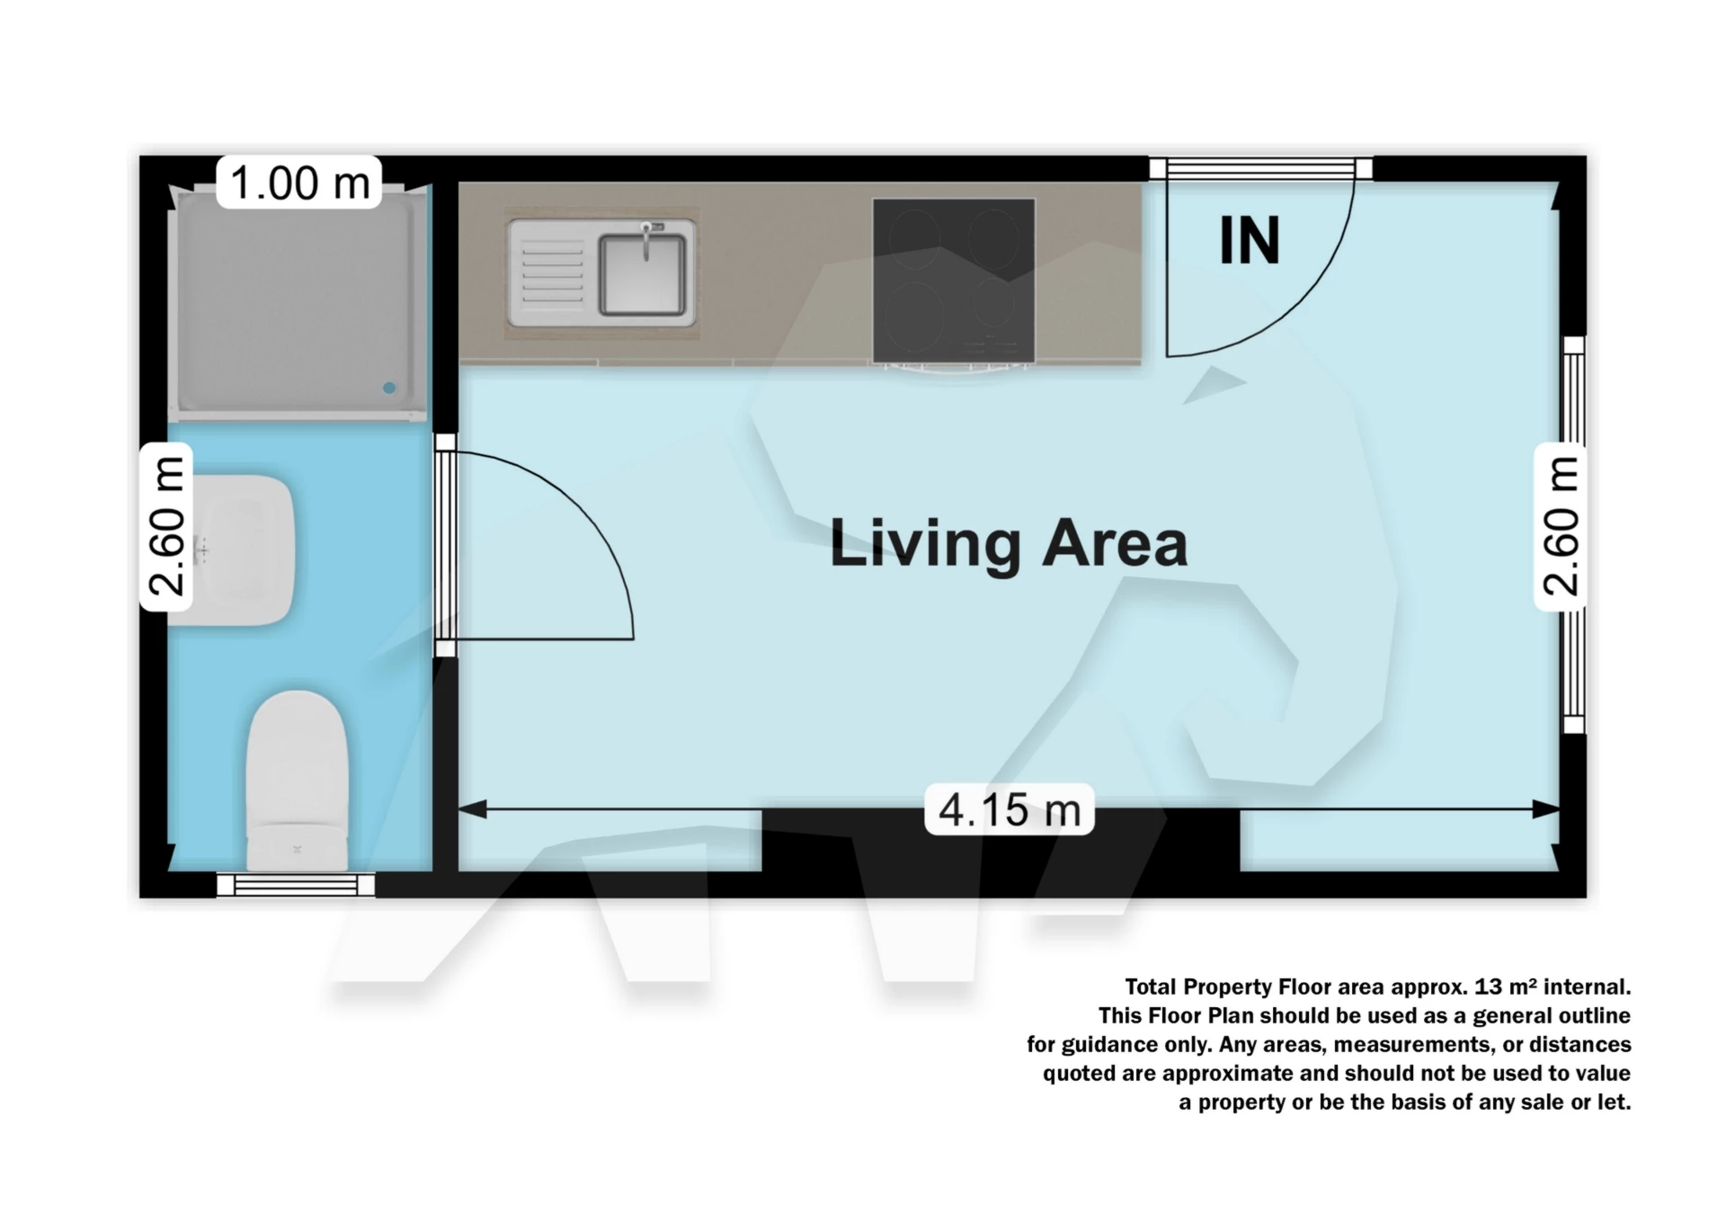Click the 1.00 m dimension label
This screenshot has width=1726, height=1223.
tap(299, 183)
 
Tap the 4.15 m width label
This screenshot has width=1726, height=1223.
tap(1009, 809)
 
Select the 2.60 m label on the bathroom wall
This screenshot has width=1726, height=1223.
tap(167, 527)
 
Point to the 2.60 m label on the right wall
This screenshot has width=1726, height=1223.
tap(1561, 527)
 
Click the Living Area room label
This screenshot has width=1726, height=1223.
tap(1008, 543)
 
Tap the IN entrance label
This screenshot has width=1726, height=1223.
tap(1250, 241)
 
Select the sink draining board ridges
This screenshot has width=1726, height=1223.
tap(551, 272)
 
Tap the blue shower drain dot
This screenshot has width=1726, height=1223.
tap(389, 388)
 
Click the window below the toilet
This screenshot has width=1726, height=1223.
tap(296, 886)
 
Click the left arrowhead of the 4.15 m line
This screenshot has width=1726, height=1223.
tap(471, 809)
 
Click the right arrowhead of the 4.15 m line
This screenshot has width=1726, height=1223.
tap(1547, 809)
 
